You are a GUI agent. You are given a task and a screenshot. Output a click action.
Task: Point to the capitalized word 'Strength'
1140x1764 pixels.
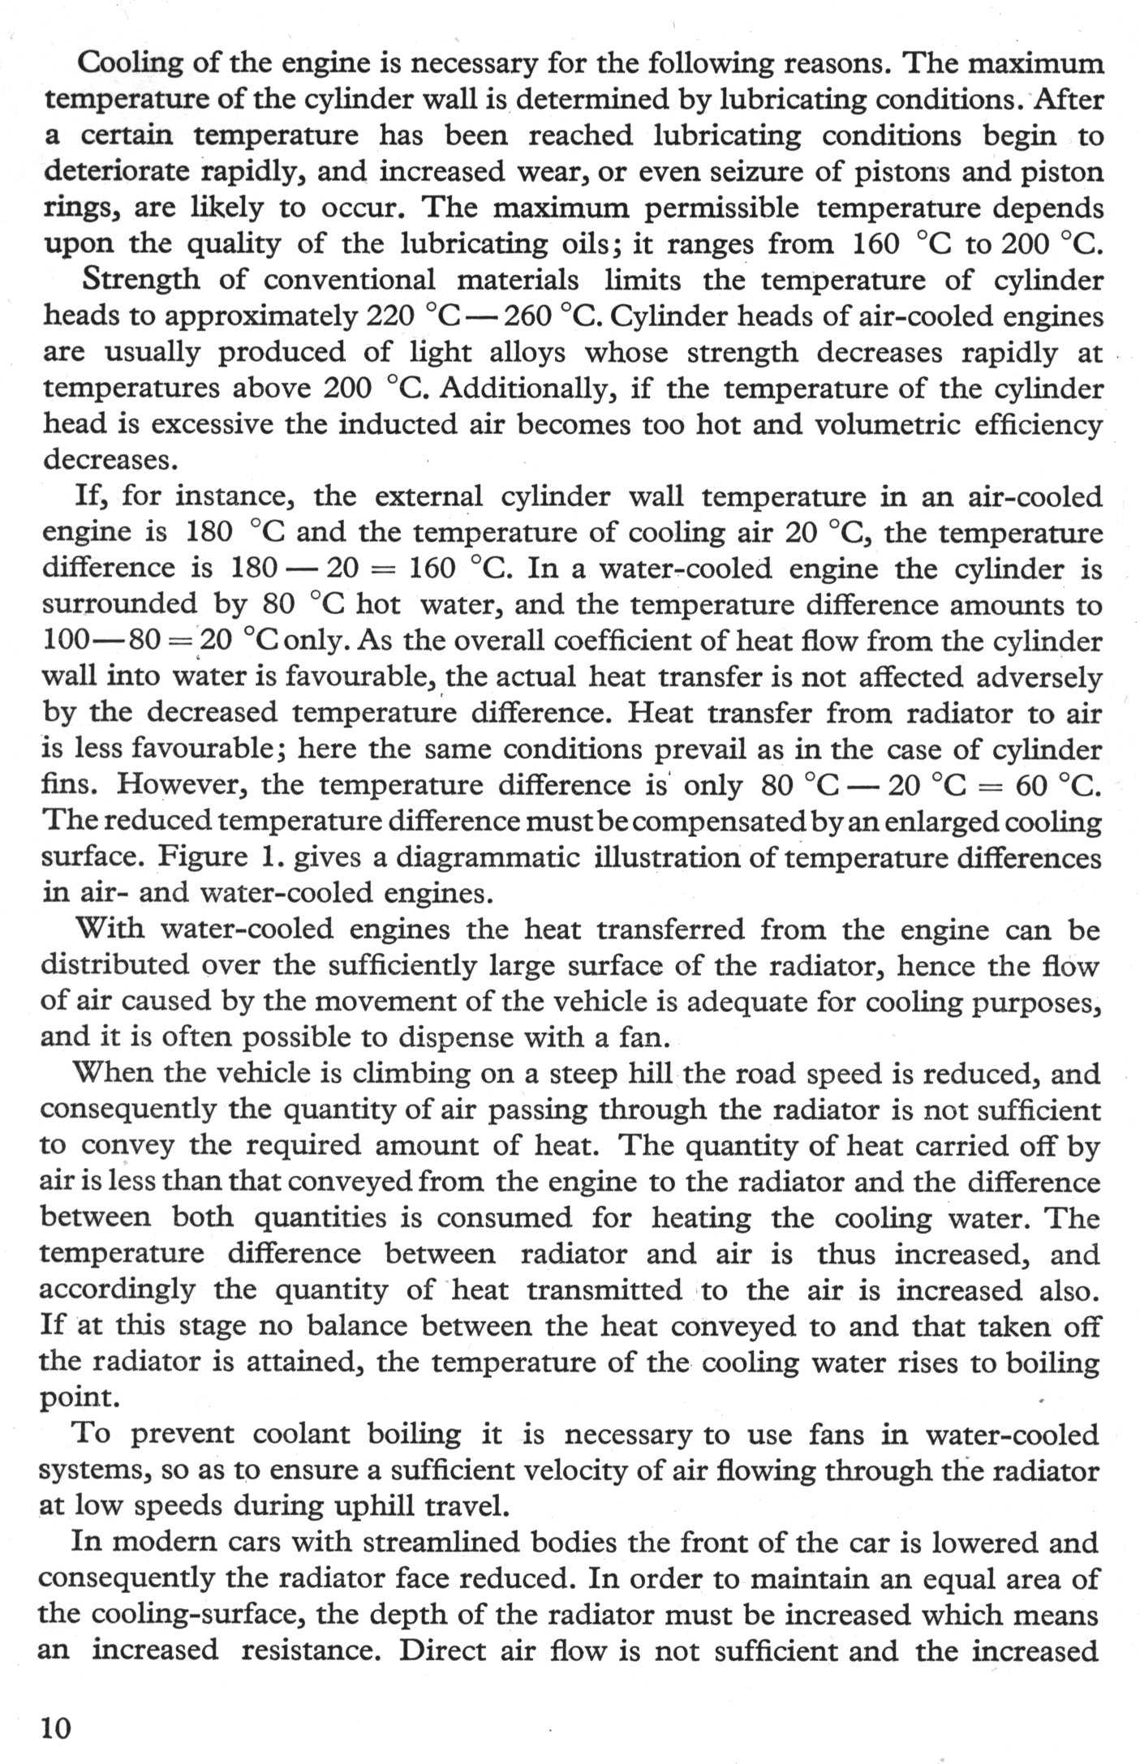140,280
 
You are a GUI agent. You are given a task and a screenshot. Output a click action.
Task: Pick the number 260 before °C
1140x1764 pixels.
529,315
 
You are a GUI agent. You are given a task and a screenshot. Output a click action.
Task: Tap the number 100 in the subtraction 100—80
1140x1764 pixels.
65,641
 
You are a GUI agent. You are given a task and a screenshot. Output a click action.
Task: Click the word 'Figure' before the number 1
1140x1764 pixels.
203,856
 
